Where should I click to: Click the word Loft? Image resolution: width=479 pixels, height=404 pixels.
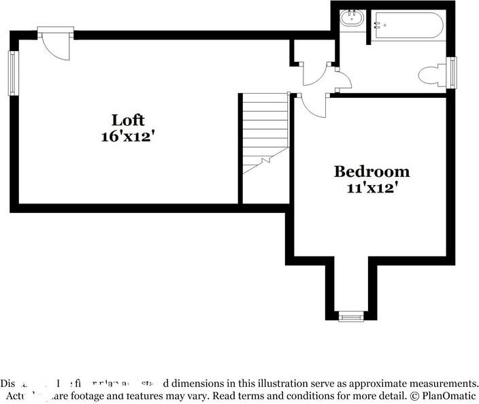pos(128,120)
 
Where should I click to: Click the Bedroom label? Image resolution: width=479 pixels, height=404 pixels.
pos(371,171)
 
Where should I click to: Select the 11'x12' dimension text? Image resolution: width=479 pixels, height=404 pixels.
pos(371,188)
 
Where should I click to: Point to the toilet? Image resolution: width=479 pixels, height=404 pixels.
pos(433,75)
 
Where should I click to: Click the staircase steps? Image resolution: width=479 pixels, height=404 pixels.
pos(265,133)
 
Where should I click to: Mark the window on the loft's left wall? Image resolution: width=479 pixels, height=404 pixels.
pos(12,73)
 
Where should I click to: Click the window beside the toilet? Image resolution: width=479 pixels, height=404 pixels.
pos(452,72)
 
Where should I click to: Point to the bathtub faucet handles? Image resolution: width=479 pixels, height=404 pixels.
pos(376,26)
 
